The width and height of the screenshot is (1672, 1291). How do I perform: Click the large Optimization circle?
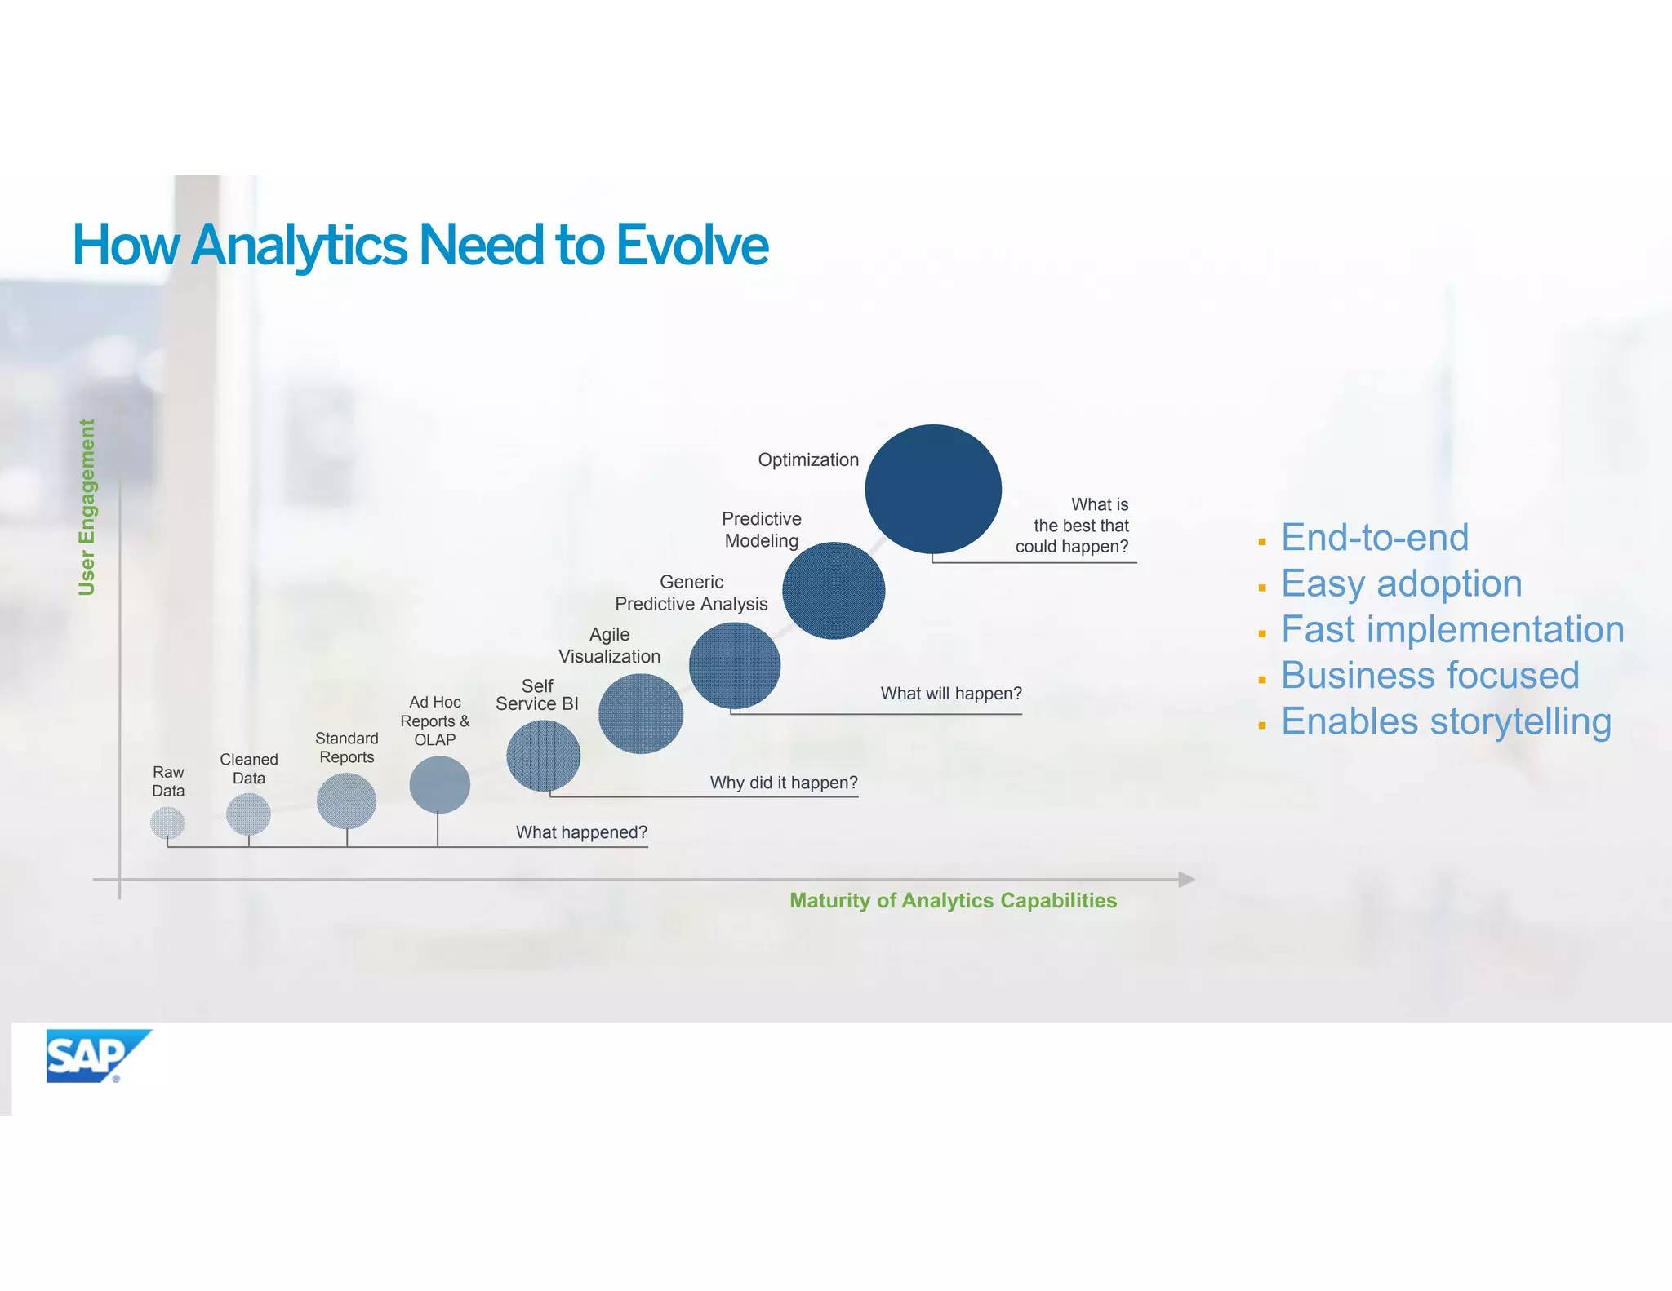click(x=933, y=489)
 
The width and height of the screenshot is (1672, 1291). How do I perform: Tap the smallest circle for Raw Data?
click(x=167, y=823)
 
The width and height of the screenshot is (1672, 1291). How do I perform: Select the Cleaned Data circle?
click(x=248, y=814)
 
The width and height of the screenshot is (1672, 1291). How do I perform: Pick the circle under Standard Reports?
click(x=346, y=801)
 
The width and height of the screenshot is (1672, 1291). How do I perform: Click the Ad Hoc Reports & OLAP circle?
click(x=439, y=784)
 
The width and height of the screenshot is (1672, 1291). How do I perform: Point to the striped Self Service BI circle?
click(x=543, y=756)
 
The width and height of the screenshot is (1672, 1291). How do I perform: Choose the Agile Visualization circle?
click(x=641, y=713)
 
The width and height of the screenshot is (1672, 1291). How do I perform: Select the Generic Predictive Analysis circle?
click(x=734, y=665)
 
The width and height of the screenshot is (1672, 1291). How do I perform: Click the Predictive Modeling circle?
click(x=833, y=590)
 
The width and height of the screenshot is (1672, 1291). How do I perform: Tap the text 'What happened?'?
click(x=581, y=832)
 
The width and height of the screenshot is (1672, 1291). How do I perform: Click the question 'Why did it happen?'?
click(x=784, y=783)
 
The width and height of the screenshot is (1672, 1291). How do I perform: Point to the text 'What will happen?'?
click(x=951, y=694)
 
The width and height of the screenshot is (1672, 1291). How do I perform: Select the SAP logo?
click(x=96, y=1056)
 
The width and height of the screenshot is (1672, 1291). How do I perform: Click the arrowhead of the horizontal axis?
click(x=1187, y=879)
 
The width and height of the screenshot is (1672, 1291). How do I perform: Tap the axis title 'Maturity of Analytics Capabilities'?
click(x=953, y=900)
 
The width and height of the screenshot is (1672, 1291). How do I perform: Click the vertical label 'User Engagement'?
click(x=87, y=507)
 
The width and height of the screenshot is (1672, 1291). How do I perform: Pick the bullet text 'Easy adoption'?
click(x=1401, y=583)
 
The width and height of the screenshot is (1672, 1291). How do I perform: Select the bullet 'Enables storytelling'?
click(x=1446, y=721)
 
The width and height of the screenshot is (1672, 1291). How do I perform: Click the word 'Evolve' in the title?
click(x=691, y=245)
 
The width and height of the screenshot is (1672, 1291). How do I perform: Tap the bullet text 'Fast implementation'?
click(x=1452, y=629)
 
